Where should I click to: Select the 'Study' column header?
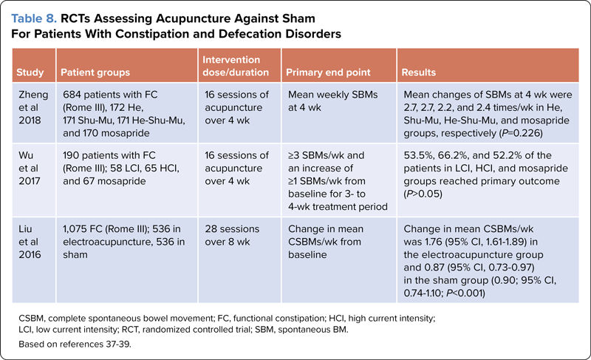tap(30, 72)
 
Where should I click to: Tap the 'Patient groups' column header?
tap(95, 72)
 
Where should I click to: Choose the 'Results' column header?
tap(417, 72)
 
